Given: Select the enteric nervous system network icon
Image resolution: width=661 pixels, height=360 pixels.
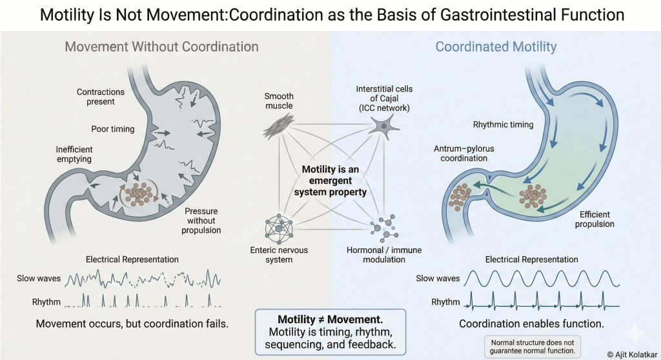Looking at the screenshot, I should point(279,228).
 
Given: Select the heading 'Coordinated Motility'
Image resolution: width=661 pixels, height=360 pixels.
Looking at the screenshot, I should point(496,46).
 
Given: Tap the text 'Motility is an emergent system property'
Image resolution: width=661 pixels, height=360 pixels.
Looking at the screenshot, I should point(330,181).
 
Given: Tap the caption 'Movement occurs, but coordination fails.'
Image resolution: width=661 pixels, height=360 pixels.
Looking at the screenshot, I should point(132,324).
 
